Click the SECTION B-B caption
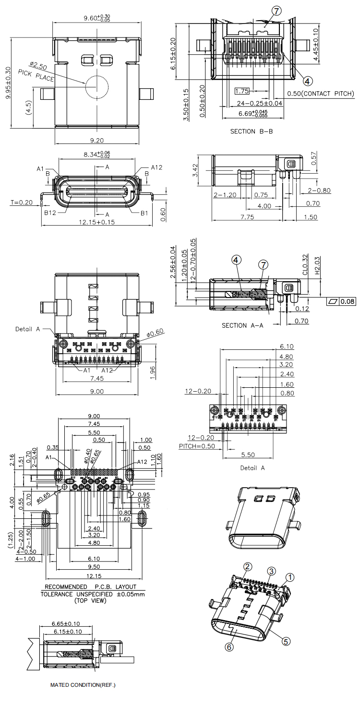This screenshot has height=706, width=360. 251,131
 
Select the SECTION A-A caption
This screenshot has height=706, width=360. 242,325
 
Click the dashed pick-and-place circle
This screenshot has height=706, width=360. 97,87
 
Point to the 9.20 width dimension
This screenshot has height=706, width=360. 97,141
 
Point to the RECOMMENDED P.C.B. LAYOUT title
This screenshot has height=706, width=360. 90,586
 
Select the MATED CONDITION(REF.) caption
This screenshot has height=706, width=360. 83,685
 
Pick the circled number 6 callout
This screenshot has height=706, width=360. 229,647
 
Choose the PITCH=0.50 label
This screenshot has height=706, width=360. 196,446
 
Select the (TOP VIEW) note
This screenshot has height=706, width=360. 90,600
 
